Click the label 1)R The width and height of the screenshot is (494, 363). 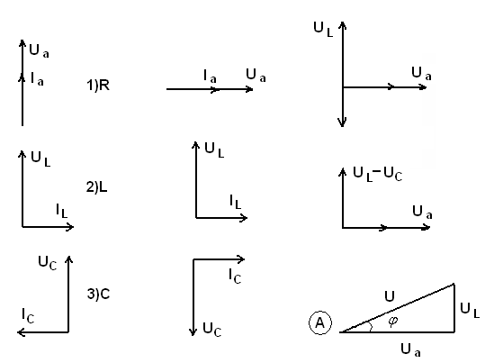(x=98, y=86)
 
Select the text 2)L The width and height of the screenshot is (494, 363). (x=96, y=187)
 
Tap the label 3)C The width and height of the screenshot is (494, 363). (x=98, y=294)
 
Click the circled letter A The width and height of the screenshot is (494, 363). (x=320, y=322)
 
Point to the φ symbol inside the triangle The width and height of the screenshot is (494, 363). (x=393, y=322)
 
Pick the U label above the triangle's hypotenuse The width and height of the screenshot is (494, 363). (x=390, y=296)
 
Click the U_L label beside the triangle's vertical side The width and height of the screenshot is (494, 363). (x=470, y=310)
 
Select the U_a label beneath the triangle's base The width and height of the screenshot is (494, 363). (x=410, y=350)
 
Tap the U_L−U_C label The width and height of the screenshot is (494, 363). (x=377, y=175)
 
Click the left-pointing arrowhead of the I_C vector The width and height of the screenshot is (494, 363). (x=20, y=332)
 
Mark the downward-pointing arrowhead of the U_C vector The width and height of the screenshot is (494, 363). (x=193, y=332)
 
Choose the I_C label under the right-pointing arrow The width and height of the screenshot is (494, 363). (x=235, y=276)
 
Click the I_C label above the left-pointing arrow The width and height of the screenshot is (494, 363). (x=28, y=315)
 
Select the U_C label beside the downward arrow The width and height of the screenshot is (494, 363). (x=211, y=330)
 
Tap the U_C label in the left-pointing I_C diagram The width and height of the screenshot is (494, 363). (x=48, y=263)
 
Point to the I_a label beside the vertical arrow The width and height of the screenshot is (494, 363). (x=37, y=79)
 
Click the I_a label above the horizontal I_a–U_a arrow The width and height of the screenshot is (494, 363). (x=210, y=77)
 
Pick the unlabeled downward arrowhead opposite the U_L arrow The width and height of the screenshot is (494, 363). (x=343, y=123)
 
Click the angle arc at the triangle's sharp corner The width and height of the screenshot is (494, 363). (x=371, y=326)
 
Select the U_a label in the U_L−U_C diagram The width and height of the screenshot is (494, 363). (x=422, y=213)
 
